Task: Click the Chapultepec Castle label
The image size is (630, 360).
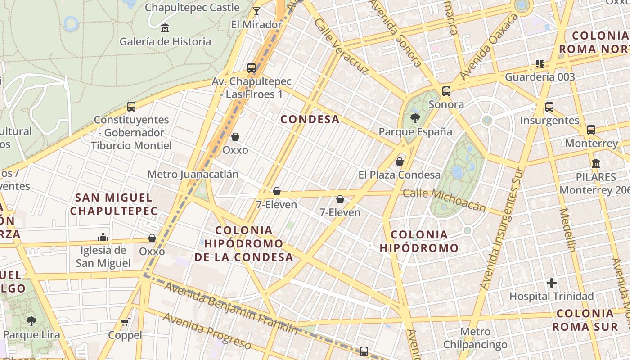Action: (x=192, y=8)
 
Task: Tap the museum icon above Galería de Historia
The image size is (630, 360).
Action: (x=165, y=28)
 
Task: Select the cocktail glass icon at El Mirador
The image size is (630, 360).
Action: (x=256, y=11)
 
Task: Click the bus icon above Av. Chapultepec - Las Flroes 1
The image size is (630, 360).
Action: (x=252, y=68)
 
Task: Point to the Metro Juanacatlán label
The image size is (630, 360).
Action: (x=193, y=174)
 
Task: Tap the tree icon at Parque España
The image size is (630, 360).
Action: (x=415, y=118)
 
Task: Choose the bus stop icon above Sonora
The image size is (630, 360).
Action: (x=446, y=91)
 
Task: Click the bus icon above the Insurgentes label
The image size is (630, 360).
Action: (x=549, y=107)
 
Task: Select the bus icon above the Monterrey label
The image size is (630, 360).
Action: (x=591, y=130)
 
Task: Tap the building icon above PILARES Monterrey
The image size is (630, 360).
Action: (x=596, y=163)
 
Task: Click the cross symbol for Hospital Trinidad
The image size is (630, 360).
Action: (x=552, y=283)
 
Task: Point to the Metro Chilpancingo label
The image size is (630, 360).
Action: (x=475, y=338)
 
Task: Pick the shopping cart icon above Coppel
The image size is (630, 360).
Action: (x=125, y=322)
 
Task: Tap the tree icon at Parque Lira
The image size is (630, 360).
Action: (x=31, y=321)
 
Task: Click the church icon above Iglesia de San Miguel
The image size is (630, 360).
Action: (x=103, y=237)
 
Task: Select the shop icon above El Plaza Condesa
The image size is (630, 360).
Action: (x=400, y=162)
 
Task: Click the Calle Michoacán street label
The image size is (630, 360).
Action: (x=444, y=199)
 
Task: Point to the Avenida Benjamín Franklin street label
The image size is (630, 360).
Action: (x=230, y=308)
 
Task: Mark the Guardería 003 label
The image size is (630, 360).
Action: (x=540, y=77)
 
